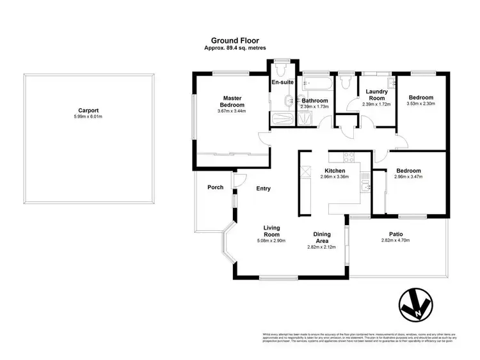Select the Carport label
pos(88,109)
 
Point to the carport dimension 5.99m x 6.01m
pos(88,116)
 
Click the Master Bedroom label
pos(232,101)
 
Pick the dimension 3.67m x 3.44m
pos(232,111)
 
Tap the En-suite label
pos(282,83)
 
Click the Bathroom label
pos(315,100)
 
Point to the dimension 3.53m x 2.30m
pos(420,104)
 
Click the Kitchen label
pos(335,171)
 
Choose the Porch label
pos(215,187)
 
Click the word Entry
pos(263,189)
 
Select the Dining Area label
pos(321,237)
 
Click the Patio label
pos(396,233)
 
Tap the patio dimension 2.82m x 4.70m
pos(396,240)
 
